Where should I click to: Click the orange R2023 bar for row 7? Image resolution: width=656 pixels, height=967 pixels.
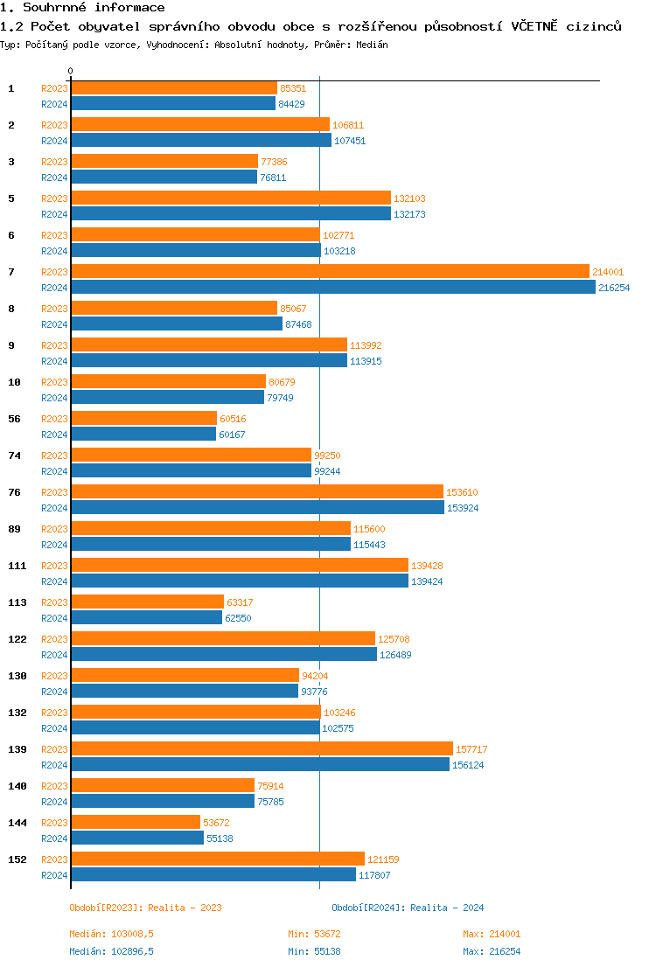[330, 272]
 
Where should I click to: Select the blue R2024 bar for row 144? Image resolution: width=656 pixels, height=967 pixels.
[136, 838]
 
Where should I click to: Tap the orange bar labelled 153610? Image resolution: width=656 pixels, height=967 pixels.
[256, 492]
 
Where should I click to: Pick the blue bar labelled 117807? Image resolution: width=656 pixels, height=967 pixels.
[213, 875]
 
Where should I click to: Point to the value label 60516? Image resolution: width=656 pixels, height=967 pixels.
[233, 419]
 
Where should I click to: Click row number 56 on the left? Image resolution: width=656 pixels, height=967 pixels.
[15, 419]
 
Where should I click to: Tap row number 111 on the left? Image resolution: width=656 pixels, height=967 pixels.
[17, 566]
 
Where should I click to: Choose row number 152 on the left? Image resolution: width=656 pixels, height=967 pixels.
[17, 859]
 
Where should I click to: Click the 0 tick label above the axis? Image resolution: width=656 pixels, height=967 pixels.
[71, 71]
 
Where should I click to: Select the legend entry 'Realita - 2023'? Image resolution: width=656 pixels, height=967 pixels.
[145, 908]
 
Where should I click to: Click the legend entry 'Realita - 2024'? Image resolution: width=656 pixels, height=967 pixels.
[408, 908]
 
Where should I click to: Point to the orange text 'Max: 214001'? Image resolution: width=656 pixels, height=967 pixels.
[492, 935]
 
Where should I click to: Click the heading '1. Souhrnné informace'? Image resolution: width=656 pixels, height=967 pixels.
[82, 8]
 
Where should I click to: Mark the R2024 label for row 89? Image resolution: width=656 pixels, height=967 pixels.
[54, 545]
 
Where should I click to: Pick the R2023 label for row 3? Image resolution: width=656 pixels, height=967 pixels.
[54, 162]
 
